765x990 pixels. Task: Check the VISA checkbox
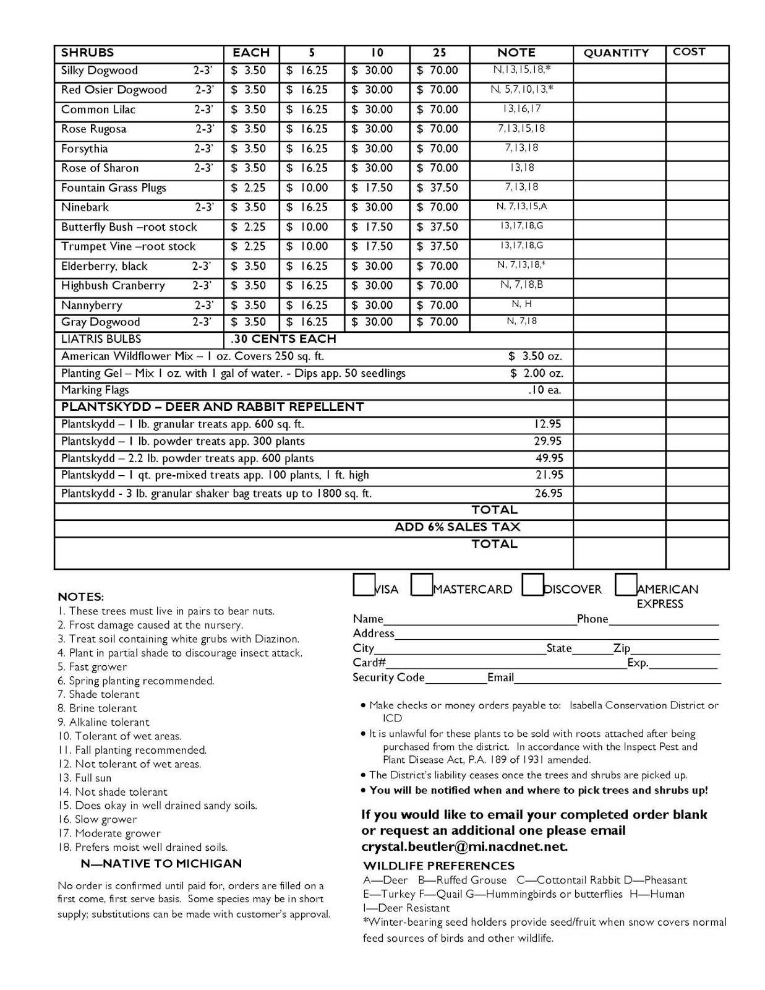click(363, 585)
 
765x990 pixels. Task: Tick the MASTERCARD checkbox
click(421, 585)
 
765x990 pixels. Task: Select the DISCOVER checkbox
click(532, 585)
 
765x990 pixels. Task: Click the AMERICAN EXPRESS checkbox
click(626, 585)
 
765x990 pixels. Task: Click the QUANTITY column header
click(616, 53)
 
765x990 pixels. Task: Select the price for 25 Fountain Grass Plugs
click(438, 188)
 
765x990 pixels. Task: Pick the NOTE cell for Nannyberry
click(521, 304)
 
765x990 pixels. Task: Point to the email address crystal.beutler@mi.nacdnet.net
click(464, 846)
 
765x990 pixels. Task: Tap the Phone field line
click(664, 622)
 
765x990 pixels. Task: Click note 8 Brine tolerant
click(97, 708)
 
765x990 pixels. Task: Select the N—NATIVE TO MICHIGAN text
click(161, 864)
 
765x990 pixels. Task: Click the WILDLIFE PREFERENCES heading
click(438, 866)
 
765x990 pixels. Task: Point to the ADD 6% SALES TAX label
click(458, 527)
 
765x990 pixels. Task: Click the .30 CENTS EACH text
click(283, 339)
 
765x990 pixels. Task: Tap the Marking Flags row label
click(95, 390)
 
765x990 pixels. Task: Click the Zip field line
click(675, 652)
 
